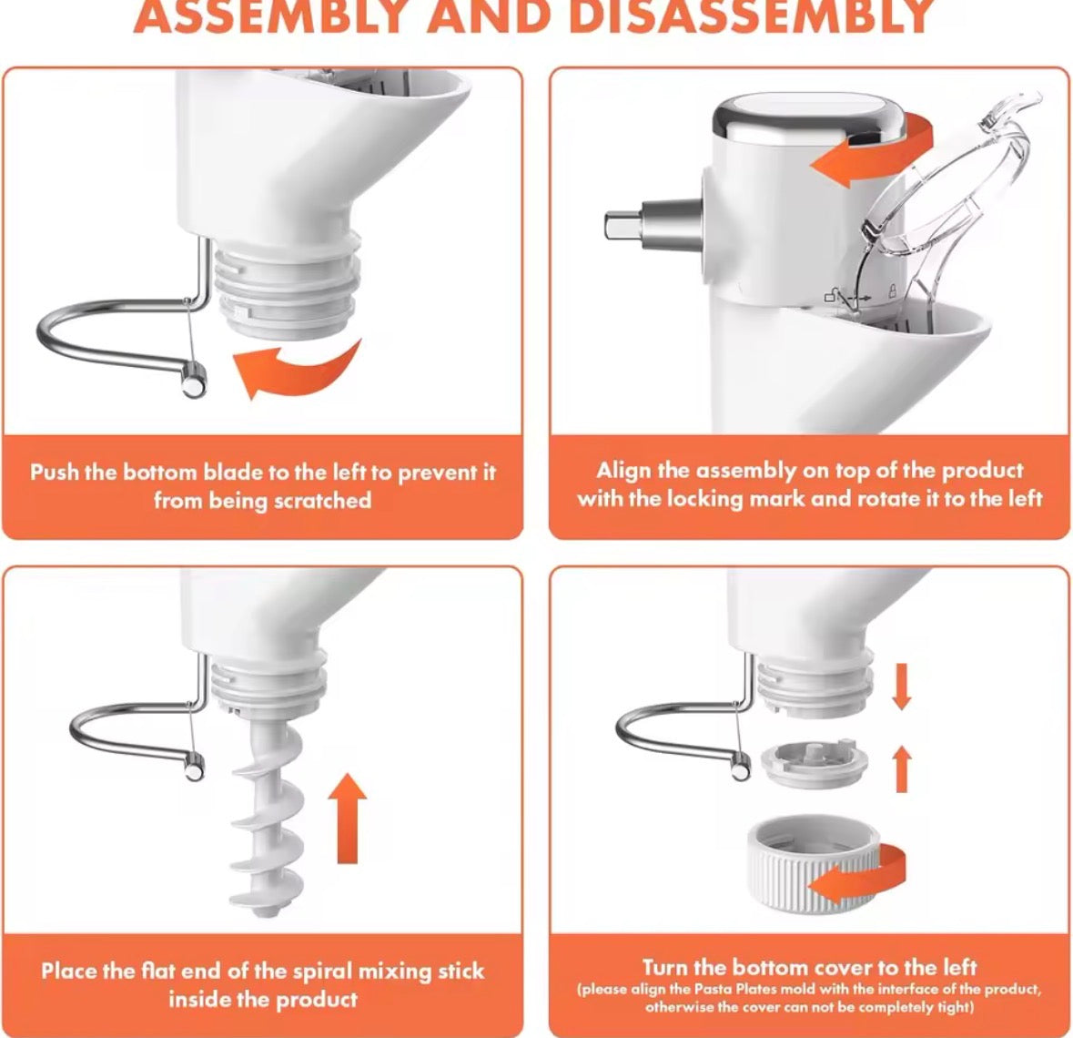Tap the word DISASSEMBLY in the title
(x=752, y=15)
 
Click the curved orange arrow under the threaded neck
(x=297, y=370)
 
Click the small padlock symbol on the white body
(x=892, y=290)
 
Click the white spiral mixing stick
(x=267, y=819)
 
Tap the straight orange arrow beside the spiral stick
(x=347, y=819)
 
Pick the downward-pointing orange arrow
(x=902, y=686)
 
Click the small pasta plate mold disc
(x=815, y=763)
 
